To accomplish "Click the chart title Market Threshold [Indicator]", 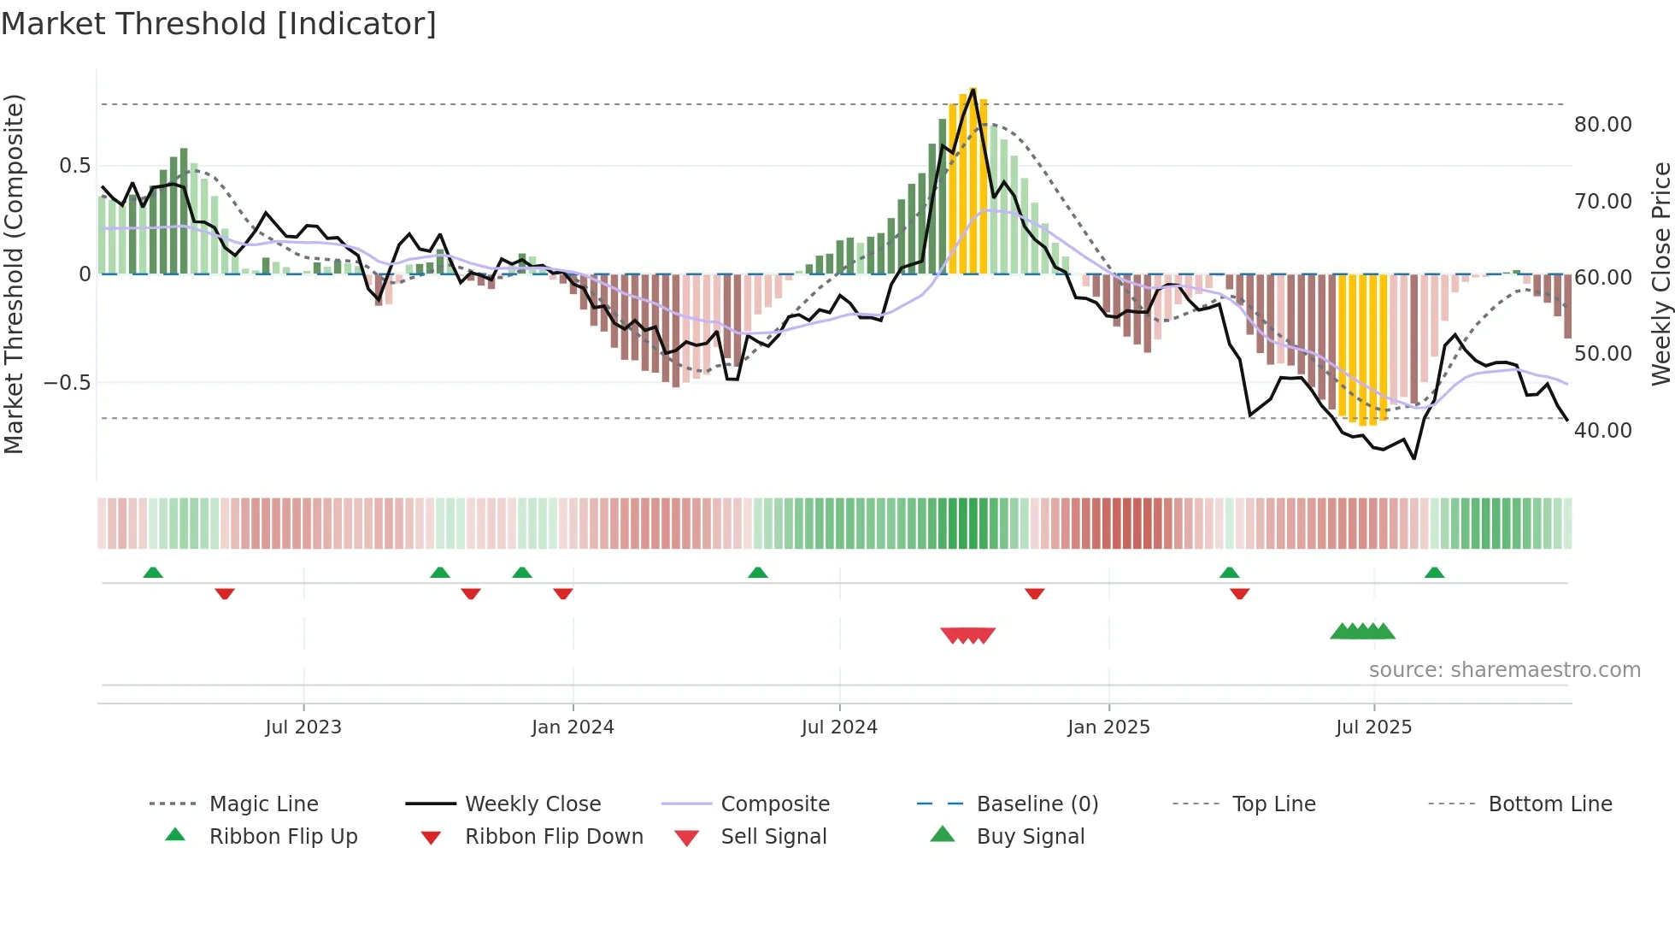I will (219, 24).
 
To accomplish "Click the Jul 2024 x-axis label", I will (839, 727).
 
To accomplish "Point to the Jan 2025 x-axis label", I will (1108, 727).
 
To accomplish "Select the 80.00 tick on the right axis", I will (1602, 125).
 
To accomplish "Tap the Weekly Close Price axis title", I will (1660, 274).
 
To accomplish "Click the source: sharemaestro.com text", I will (1504, 670).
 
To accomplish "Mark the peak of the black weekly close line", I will (973, 89).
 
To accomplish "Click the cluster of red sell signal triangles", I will (968, 635).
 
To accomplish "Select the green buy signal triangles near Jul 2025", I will (1362, 632).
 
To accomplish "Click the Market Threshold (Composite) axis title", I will (14, 274).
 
